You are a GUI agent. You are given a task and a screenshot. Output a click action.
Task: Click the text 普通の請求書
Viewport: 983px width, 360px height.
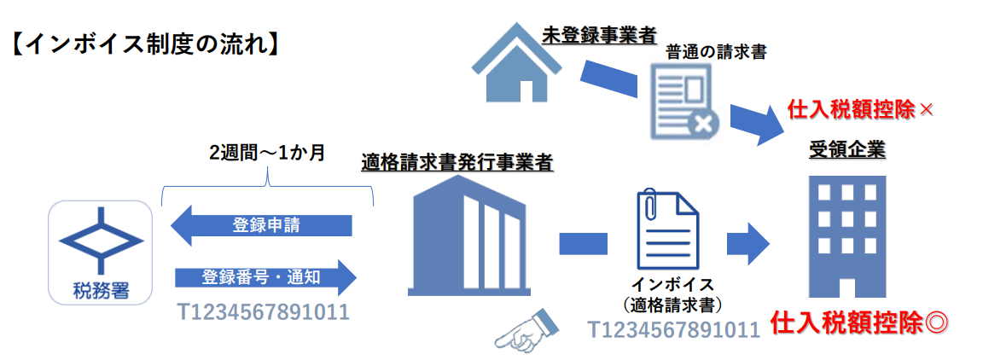coord(717,53)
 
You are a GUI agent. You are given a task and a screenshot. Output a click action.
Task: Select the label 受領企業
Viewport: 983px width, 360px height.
coord(846,149)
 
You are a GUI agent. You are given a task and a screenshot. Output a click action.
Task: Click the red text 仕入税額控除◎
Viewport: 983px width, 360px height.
coord(858,322)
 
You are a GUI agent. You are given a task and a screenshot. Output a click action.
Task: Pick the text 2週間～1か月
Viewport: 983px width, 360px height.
coord(266,154)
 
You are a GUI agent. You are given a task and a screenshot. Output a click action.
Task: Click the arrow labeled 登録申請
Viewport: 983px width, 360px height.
coord(262,226)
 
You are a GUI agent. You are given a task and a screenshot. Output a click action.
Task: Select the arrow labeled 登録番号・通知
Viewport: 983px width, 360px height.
coord(265,277)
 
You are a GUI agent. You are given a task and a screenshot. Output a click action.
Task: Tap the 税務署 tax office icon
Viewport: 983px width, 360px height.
coord(101,252)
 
